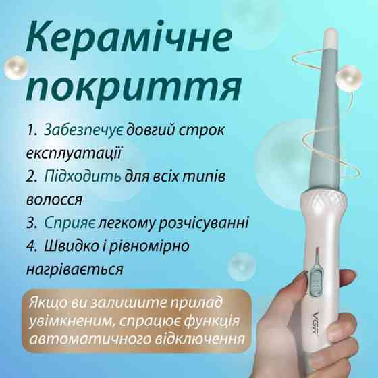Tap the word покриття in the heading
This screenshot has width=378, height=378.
[x=134, y=88]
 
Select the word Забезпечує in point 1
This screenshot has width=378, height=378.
[x=84, y=130]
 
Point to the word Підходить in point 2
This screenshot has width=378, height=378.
[x=82, y=177]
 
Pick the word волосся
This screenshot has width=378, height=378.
[x=54, y=200]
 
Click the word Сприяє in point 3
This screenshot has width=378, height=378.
[x=70, y=223]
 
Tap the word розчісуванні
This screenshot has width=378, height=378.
[x=203, y=223]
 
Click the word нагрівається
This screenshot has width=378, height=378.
[x=75, y=269]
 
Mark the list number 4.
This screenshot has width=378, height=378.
[x=32, y=246]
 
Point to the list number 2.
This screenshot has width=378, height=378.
[x=32, y=177]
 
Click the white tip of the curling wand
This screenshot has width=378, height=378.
[x=331, y=39]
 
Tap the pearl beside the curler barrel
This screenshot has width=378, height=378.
[x=349, y=78]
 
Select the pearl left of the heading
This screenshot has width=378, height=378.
[x=16, y=68]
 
